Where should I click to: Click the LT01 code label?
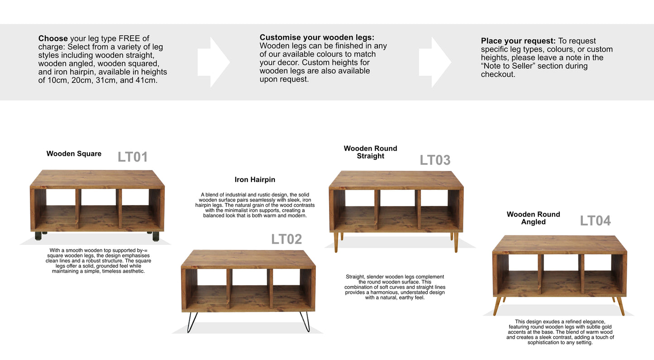pyautogui.click(x=133, y=157)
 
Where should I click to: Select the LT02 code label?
pyautogui.click(x=286, y=239)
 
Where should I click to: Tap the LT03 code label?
pyautogui.click(x=435, y=160)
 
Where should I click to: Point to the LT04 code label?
pyautogui.click(x=595, y=221)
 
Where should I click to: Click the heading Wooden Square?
pyautogui.click(x=74, y=154)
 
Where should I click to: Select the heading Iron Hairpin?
pyautogui.click(x=255, y=180)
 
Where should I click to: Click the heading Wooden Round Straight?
pyautogui.click(x=370, y=152)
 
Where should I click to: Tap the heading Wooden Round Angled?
pyautogui.click(x=533, y=218)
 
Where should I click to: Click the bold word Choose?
pyautogui.click(x=53, y=38)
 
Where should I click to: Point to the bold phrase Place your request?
pyautogui.click(x=518, y=41)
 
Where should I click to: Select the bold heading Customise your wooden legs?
pyautogui.click(x=317, y=38)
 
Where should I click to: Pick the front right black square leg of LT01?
pyautogui.click(x=156, y=236)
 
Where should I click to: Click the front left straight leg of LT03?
pyautogui.click(x=336, y=242)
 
